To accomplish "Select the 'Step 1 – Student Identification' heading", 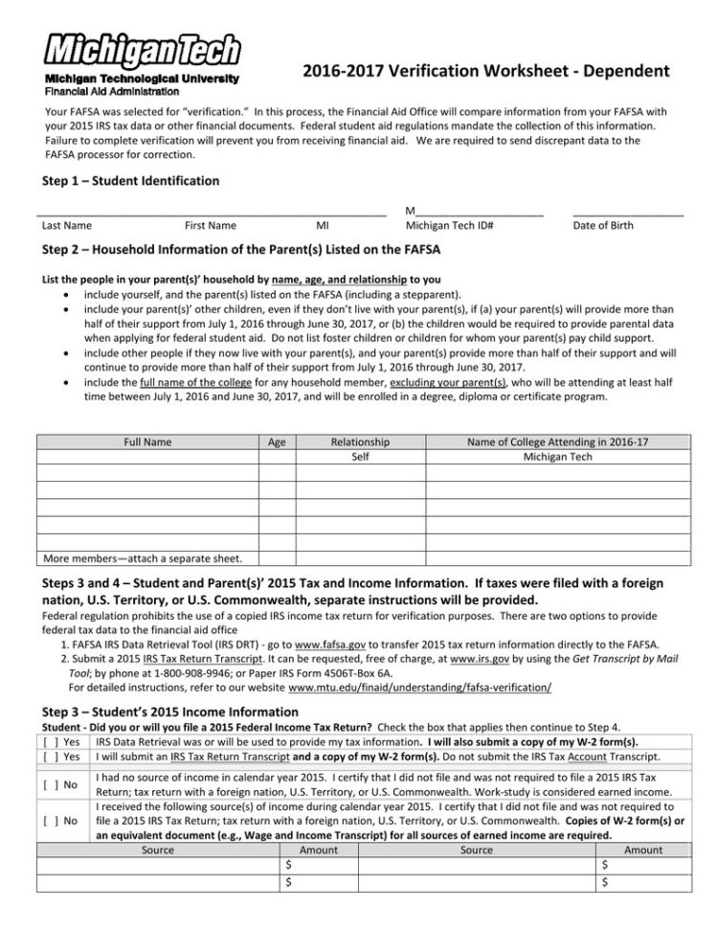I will click(x=131, y=180).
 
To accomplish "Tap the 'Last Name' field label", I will click(x=67, y=226).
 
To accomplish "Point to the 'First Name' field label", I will click(x=210, y=226).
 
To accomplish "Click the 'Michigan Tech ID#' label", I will click(x=449, y=226).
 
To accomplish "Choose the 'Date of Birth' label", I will click(x=602, y=226).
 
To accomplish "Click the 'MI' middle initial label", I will click(x=323, y=226).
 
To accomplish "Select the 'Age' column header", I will click(x=277, y=442).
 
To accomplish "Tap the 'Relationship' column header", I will click(x=359, y=442).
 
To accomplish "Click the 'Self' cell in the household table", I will click(x=360, y=457).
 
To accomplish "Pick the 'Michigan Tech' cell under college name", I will click(x=557, y=457).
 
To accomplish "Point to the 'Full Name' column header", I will click(x=148, y=442).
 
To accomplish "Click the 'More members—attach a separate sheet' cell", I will click(x=143, y=558).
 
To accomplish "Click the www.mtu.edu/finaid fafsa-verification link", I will click(x=419, y=688).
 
